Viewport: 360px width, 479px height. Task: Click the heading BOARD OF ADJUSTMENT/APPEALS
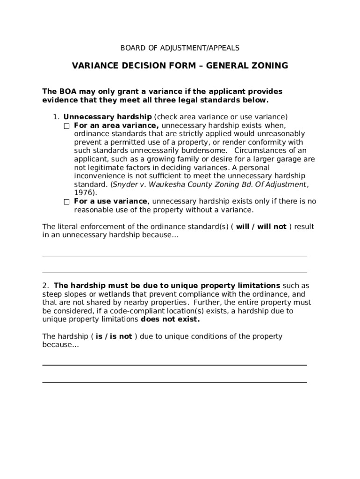click(x=180, y=48)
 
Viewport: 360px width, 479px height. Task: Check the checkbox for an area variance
click(x=66, y=126)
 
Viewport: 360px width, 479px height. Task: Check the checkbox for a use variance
click(x=66, y=202)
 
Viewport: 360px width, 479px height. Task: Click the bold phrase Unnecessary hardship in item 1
click(x=108, y=117)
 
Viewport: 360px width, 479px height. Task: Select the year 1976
click(x=85, y=193)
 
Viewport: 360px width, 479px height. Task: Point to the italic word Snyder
click(x=125, y=184)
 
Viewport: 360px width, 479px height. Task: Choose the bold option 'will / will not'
click(x=261, y=227)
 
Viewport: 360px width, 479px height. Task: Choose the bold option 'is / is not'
click(x=114, y=336)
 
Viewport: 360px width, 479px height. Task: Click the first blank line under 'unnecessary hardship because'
click(x=174, y=255)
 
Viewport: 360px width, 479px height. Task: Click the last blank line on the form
click(x=174, y=382)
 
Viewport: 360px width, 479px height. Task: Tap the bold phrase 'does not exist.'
click(x=170, y=319)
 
